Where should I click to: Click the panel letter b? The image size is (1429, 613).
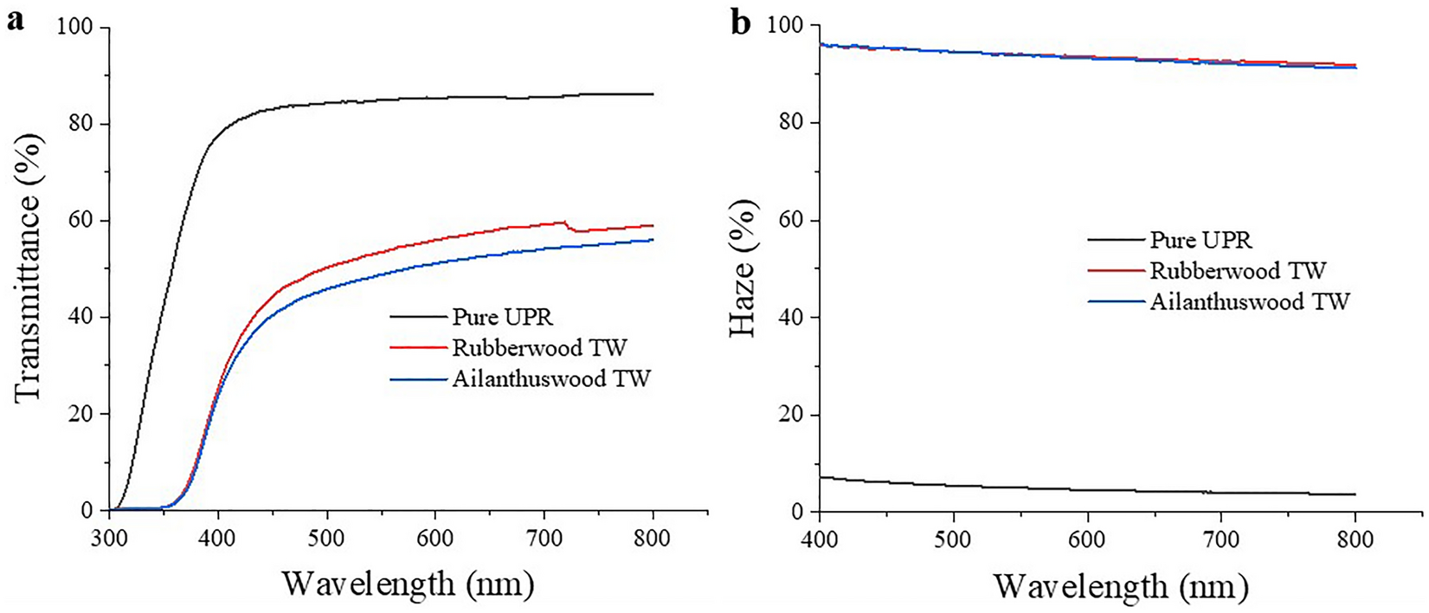coord(741,23)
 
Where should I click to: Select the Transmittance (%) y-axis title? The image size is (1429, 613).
coord(28,268)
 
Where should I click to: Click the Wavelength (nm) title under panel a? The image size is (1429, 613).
coord(408,584)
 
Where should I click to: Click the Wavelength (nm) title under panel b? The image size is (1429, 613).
coord(1121,586)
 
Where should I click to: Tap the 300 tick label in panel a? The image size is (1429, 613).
coord(109,539)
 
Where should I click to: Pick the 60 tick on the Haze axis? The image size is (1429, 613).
coord(791,220)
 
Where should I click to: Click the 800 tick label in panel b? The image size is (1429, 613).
coord(1355,539)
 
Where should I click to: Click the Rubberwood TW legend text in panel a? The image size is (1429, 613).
coord(538,348)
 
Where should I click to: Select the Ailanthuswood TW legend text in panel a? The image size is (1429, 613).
coord(550,378)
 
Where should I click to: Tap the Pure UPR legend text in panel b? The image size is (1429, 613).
coord(1200,240)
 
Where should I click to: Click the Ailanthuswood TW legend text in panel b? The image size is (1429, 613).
coord(1250,301)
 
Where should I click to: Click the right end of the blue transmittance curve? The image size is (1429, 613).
coord(652,240)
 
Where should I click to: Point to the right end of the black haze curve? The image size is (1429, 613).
coord(1355,494)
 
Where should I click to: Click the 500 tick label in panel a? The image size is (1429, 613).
coord(326,539)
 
